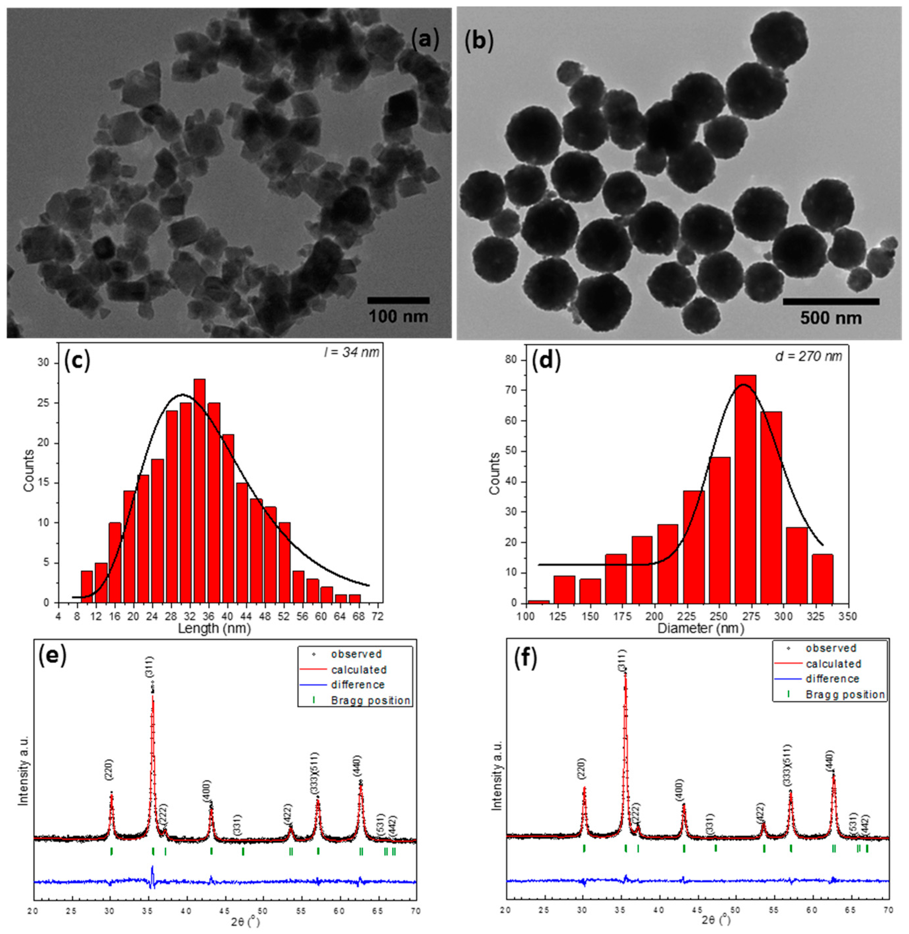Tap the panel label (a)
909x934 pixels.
click(x=425, y=40)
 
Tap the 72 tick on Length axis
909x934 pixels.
click(x=377, y=616)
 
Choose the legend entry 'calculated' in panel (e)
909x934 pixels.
click(x=358, y=670)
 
